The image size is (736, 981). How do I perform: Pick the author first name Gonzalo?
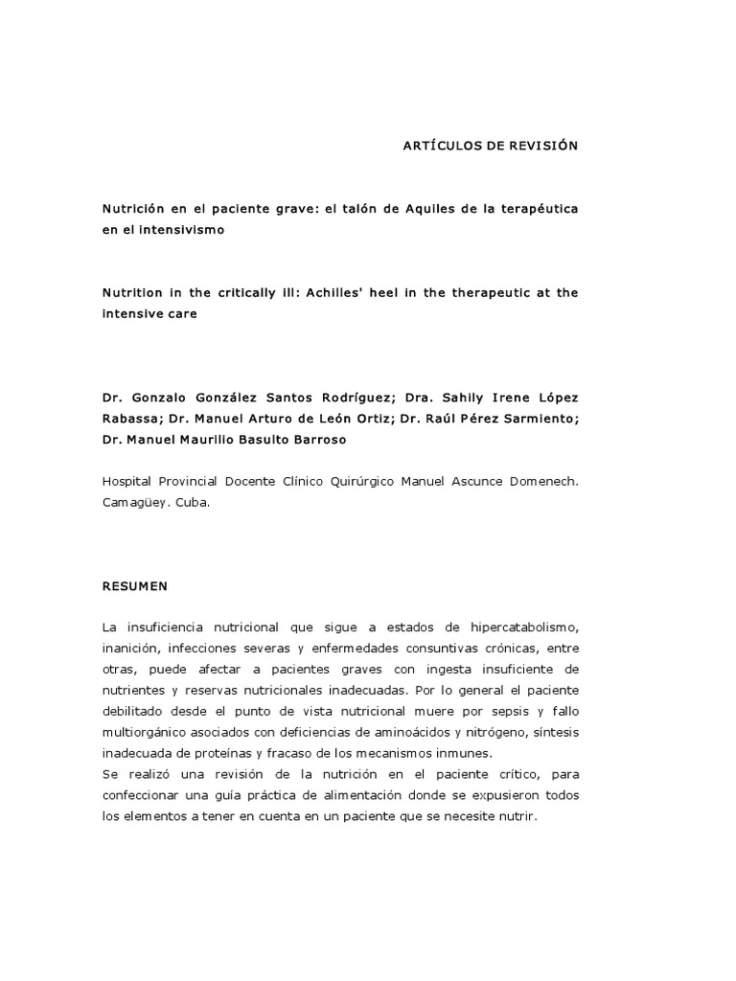(163, 397)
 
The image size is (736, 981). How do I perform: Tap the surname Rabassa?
(131, 419)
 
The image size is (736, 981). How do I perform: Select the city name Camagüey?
(134, 502)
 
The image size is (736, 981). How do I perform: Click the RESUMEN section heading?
(136, 583)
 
